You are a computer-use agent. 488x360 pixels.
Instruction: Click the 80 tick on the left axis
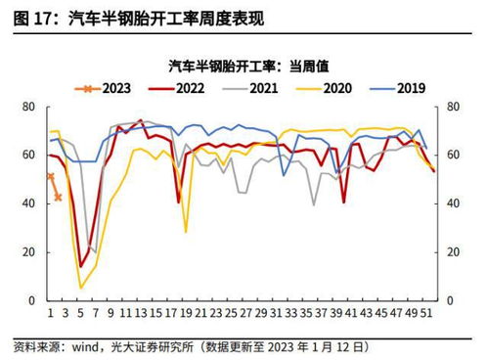point(29,107)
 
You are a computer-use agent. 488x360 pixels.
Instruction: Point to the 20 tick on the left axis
point(29,252)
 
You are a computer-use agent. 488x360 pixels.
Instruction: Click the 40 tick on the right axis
point(452,203)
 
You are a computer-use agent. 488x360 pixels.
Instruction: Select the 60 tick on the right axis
point(452,156)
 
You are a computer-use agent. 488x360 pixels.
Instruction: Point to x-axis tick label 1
point(50,316)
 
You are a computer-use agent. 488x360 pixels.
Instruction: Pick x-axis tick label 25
point(231,316)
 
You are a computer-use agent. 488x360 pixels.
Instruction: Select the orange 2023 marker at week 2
point(58,197)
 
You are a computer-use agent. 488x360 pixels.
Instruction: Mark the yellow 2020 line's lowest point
point(81,289)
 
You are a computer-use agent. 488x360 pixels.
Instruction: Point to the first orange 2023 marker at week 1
point(50,176)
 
